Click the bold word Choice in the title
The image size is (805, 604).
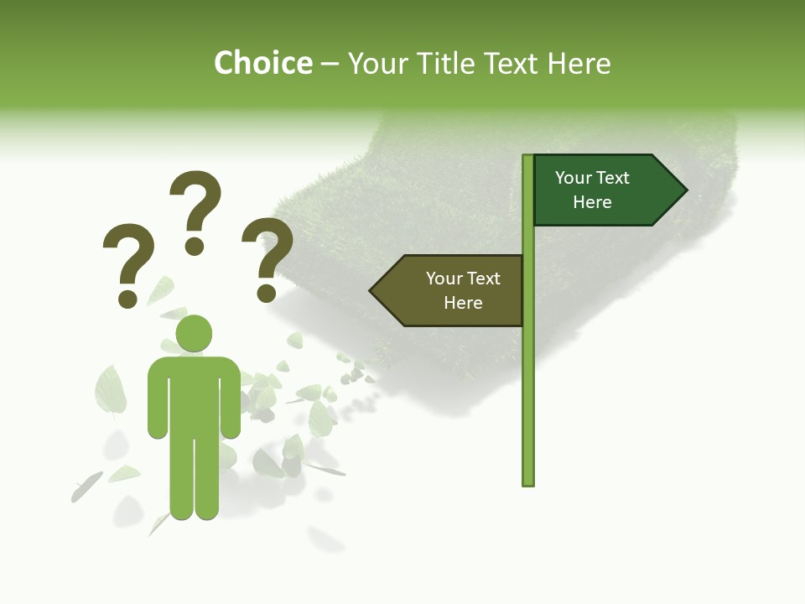262,64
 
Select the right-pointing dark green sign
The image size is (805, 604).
604,190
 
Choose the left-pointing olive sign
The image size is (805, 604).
453,291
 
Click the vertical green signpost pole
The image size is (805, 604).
528,377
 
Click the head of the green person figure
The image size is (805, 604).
194,333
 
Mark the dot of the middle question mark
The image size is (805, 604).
195,246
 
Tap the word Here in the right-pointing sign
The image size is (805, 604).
592,202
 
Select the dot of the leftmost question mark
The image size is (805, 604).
127,299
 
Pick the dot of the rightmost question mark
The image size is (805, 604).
267,293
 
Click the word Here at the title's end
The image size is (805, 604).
579,64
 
